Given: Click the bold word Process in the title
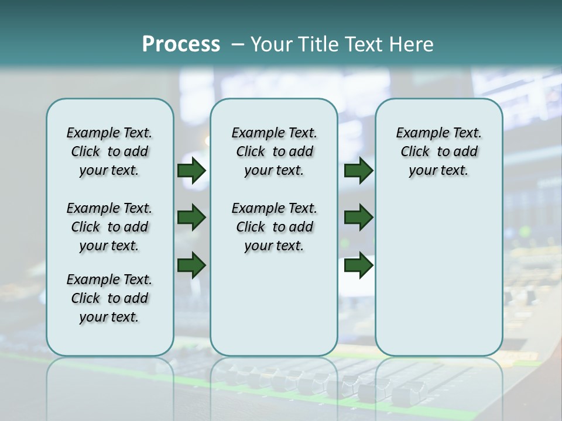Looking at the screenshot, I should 181,44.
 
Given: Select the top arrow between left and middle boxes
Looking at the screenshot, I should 191,171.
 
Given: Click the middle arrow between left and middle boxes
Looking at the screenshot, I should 191,218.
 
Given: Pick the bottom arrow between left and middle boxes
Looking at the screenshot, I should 191,265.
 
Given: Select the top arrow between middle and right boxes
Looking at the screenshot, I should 358,171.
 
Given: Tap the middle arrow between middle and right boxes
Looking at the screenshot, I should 358,218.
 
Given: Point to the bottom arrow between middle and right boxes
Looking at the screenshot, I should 358,265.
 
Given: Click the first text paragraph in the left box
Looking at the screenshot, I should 109,151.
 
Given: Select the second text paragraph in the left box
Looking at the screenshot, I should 109,227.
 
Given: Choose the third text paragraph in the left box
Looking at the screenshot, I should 109,298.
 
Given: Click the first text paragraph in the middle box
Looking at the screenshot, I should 274,151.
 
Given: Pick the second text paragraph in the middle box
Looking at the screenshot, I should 274,227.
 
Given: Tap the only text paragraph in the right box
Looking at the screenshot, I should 439,151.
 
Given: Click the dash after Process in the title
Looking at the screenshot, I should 237,44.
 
